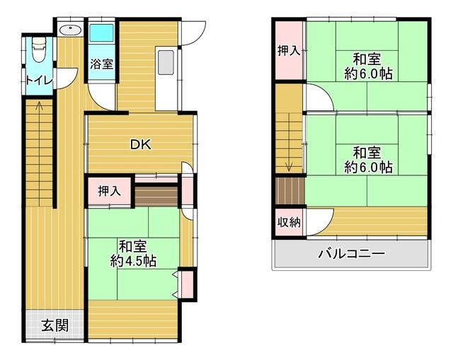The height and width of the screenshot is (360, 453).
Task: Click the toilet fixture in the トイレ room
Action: [x=40, y=49]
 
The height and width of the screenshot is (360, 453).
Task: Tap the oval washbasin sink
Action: [x=70, y=30]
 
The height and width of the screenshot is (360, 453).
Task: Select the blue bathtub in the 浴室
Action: [x=101, y=33]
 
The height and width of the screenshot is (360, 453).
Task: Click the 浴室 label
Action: [x=101, y=64]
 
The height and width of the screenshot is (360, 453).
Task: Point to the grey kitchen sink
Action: [x=166, y=62]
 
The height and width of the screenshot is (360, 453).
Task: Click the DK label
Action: [x=141, y=144]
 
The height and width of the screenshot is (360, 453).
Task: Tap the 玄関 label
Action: [x=55, y=325]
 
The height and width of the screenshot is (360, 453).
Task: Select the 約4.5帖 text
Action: [x=133, y=261]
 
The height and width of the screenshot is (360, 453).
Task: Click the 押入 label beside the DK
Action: [x=109, y=191]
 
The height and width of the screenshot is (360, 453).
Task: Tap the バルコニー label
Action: [x=352, y=254]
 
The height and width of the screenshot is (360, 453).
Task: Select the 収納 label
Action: [x=289, y=222]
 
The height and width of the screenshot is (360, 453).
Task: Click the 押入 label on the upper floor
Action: [x=289, y=51]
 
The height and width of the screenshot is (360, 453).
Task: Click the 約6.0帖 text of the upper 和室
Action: [x=368, y=74]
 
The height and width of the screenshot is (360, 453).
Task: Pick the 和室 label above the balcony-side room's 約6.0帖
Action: [x=367, y=153]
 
